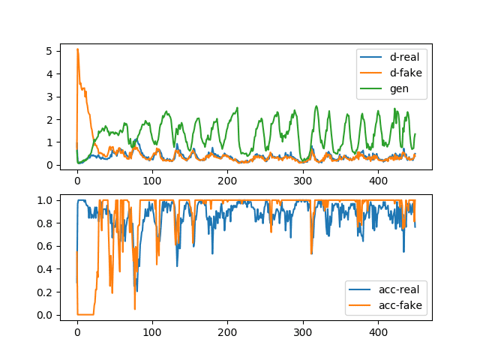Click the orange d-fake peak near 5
click(x=78, y=49)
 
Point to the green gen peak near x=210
click(x=237, y=108)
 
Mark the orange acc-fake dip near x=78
click(x=135, y=309)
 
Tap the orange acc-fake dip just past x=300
click(x=312, y=253)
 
